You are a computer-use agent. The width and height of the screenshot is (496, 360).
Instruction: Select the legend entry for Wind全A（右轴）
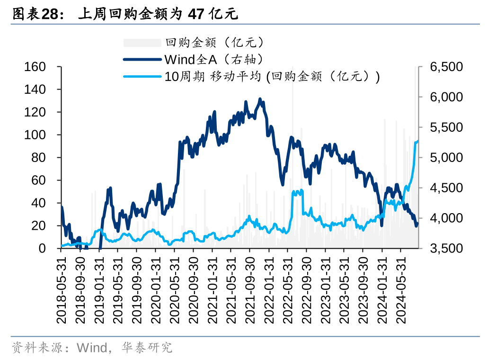tap(213, 59)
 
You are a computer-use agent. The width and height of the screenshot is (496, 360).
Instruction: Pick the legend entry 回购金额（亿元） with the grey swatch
tap(214, 43)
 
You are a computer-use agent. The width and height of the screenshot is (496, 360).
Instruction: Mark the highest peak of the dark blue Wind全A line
tap(260, 99)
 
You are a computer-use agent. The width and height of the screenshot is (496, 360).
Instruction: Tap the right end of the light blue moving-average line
tap(417, 141)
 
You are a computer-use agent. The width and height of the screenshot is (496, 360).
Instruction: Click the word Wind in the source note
tap(92, 349)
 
